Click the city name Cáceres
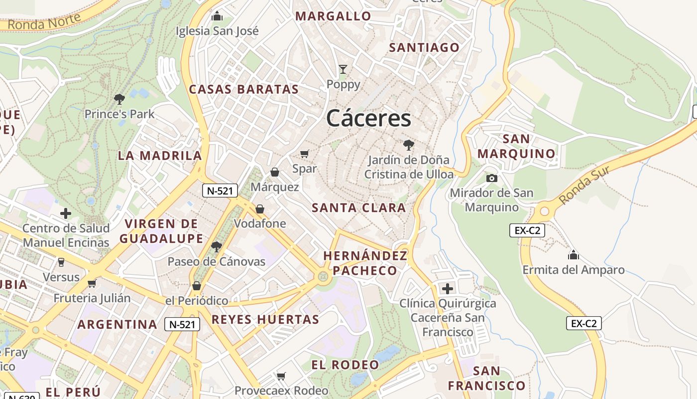[x=368, y=119]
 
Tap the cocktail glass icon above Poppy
[x=343, y=69]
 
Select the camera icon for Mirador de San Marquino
[x=491, y=178]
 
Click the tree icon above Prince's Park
[x=119, y=99]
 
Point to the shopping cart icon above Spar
[x=304, y=154]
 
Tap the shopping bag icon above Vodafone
[x=260, y=209]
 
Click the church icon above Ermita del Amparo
[x=574, y=255]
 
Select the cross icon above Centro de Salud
[x=65, y=213]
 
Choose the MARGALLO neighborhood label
[x=333, y=16]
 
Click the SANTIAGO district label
[x=424, y=47]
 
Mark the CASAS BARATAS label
[x=243, y=89]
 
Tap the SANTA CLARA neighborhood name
[x=358, y=208]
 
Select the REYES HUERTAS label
[x=265, y=319]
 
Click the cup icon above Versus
[x=61, y=262]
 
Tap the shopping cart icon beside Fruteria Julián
[x=92, y=284]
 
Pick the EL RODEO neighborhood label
[x=345, y=365]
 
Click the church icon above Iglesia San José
[x=217, y=16]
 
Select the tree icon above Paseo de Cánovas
[x=216, y=246]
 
